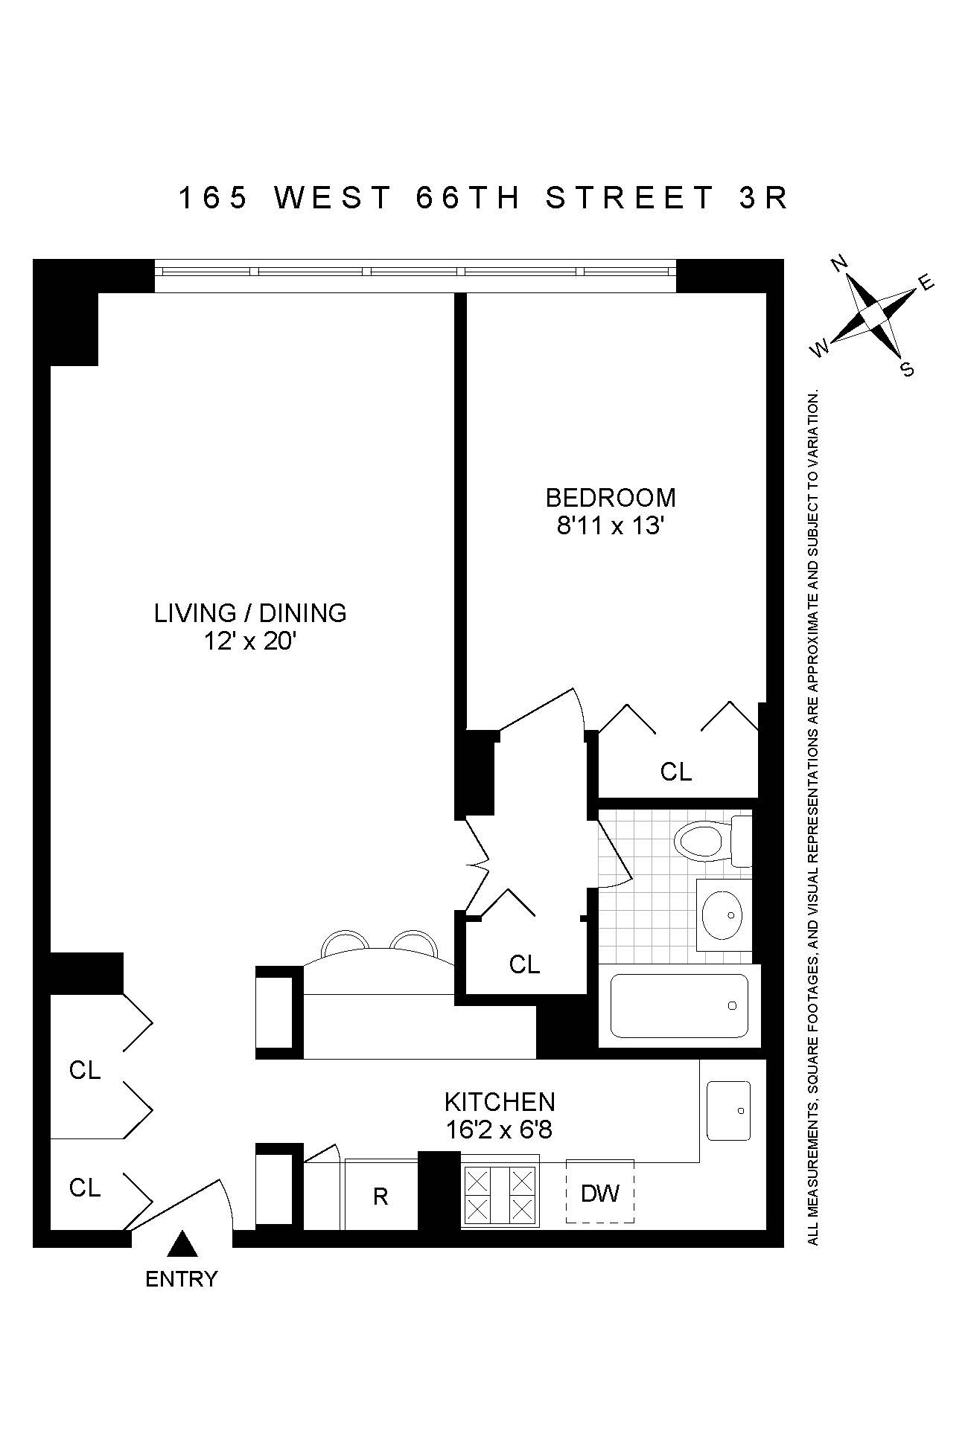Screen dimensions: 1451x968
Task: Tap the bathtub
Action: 678,1005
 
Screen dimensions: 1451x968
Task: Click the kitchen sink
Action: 728,1111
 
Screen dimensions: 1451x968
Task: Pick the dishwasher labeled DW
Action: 600,1194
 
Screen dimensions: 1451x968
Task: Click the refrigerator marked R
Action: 380,1196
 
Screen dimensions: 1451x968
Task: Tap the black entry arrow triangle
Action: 181,1243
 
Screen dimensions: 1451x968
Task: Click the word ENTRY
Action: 181,1279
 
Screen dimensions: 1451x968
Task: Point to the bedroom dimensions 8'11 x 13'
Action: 610,526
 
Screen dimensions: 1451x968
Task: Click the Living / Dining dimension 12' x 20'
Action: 250,641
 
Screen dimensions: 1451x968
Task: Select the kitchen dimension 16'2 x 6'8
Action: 499,1130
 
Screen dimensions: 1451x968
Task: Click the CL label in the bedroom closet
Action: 676,772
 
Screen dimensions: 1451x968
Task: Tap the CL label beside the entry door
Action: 84,1188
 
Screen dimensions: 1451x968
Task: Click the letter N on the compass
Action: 840,263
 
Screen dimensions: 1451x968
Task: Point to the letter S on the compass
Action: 907,369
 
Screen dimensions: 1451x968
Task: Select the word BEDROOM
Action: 611,497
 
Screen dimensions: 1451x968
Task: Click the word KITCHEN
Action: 500,1101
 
